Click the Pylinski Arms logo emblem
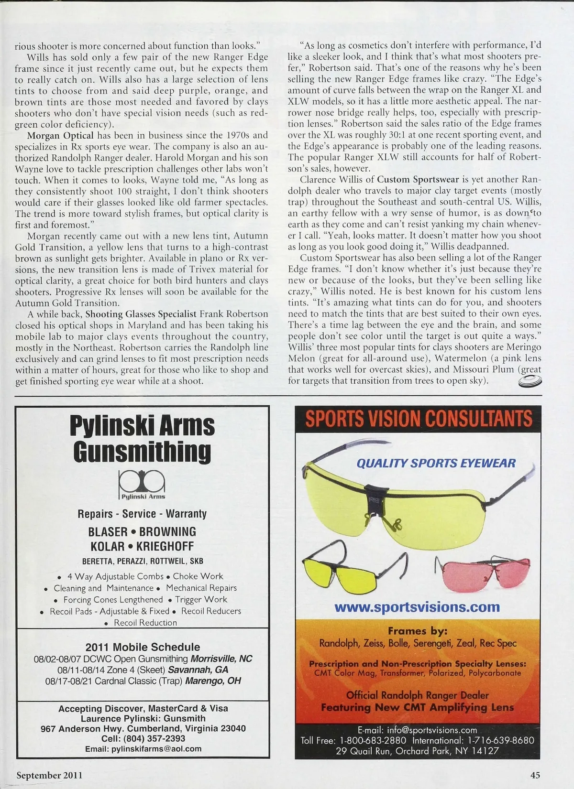(x=142, y=484)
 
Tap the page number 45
(x=535, y=775)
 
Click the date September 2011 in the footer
(x=49, y=775)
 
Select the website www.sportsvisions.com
(x=417, y=607)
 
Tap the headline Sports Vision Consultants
(x=419, y=419)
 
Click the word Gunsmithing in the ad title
(x=142, y=451)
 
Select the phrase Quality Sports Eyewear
(x=436, y=463)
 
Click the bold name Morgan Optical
(x=60, y=135)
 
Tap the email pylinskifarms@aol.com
(x=143, y=749)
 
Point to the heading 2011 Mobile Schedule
(x=143, y=647)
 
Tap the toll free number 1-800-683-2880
(x=373, y=740)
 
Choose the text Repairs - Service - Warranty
(x=142, y=514)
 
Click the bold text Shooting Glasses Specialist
(x=141, y=314)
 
